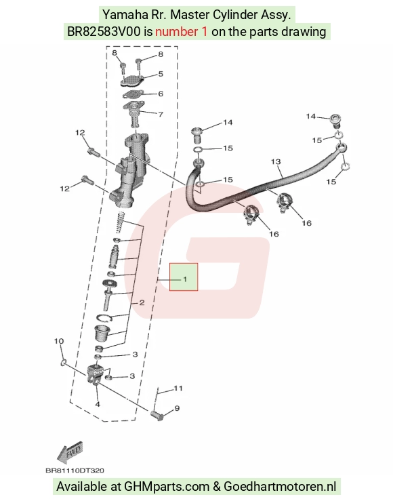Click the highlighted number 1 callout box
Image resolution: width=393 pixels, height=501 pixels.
tap(184, 277)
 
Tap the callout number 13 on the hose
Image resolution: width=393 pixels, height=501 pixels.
tap(276, 161)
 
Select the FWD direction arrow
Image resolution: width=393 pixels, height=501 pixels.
tap(70, 452)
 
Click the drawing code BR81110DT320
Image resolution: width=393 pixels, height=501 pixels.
tap(75, 470)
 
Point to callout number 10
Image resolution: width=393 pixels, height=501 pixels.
tap(59, 341)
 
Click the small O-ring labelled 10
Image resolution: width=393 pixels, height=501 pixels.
tap(63, 362)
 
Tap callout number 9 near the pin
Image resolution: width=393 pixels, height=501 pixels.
tap(177, 408)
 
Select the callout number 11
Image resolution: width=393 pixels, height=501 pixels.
tap(178, 388)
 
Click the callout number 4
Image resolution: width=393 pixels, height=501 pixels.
tap(98, 404)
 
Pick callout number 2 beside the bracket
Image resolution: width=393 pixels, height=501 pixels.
tap(142, 302)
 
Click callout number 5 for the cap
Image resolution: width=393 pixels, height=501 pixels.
tap(161, 74)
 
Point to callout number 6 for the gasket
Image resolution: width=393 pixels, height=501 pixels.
tap(161, 94)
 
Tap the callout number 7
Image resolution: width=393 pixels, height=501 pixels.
tap(161, 114)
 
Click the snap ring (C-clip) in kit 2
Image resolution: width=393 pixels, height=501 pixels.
tap(104, 319)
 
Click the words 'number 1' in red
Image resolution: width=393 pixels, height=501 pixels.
tap(181, 32)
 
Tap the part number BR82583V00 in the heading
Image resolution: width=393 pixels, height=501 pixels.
tap(104, 32)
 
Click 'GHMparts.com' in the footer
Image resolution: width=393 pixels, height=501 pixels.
tap(166, 487)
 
